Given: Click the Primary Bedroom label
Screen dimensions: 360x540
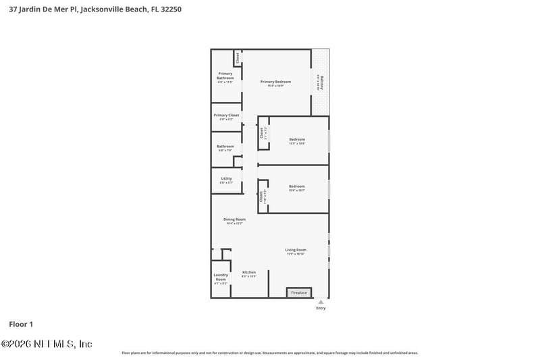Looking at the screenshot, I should tap(275, 82).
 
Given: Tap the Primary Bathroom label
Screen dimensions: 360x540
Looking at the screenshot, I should tap(225, 76).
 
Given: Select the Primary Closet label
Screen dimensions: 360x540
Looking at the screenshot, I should tap(226, 115).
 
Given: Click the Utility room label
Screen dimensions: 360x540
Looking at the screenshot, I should tap(226, 179).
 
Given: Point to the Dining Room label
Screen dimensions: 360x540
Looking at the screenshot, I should tap(234, 220).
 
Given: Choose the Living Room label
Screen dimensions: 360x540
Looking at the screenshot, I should tap(296, 251).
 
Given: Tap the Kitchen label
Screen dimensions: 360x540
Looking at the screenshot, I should tap(248, 272).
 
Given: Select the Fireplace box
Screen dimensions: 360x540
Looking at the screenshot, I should tap(299, 292).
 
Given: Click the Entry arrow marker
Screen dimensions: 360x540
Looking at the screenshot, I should tap(321, 302).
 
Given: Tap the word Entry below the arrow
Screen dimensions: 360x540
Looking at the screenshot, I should tap(321, 309).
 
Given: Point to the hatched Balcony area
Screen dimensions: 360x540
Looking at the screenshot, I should tap(320, 82).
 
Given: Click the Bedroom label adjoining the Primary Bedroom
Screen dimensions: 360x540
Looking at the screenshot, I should tap(297, 140).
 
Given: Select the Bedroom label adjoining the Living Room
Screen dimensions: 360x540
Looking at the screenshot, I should tap(297, 186).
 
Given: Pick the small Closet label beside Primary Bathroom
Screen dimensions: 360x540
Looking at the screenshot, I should tap(238, 58).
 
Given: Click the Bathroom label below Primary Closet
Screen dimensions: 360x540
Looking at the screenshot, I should tap(225, 147).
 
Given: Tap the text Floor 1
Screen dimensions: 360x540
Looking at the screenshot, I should tap(21, 324).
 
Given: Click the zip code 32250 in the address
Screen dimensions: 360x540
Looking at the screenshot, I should tap(169, 9).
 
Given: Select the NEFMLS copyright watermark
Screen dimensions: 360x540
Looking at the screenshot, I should tap(47, 344).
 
